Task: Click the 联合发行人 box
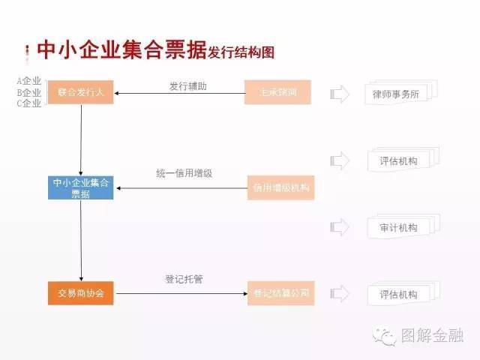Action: [80, 93]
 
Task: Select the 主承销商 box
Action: [277, 93]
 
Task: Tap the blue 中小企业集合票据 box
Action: [80, 187]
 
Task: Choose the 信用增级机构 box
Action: [280, 187]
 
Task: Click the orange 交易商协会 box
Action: [80, 292]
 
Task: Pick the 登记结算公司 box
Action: [280, 292]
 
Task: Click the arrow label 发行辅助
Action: [187, 86]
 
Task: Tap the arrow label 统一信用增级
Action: [184, 173]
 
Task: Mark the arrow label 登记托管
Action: [184, 280]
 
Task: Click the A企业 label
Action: [28, 81]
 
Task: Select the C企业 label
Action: [28, 103]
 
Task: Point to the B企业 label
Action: [28, 92]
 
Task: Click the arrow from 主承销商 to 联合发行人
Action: [180, 94]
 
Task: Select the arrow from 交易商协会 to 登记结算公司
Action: [180, 293]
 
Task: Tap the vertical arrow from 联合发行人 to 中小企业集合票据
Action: [80, 139]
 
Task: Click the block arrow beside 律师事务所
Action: [340, 94]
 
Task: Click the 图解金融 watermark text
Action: [433, 336]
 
